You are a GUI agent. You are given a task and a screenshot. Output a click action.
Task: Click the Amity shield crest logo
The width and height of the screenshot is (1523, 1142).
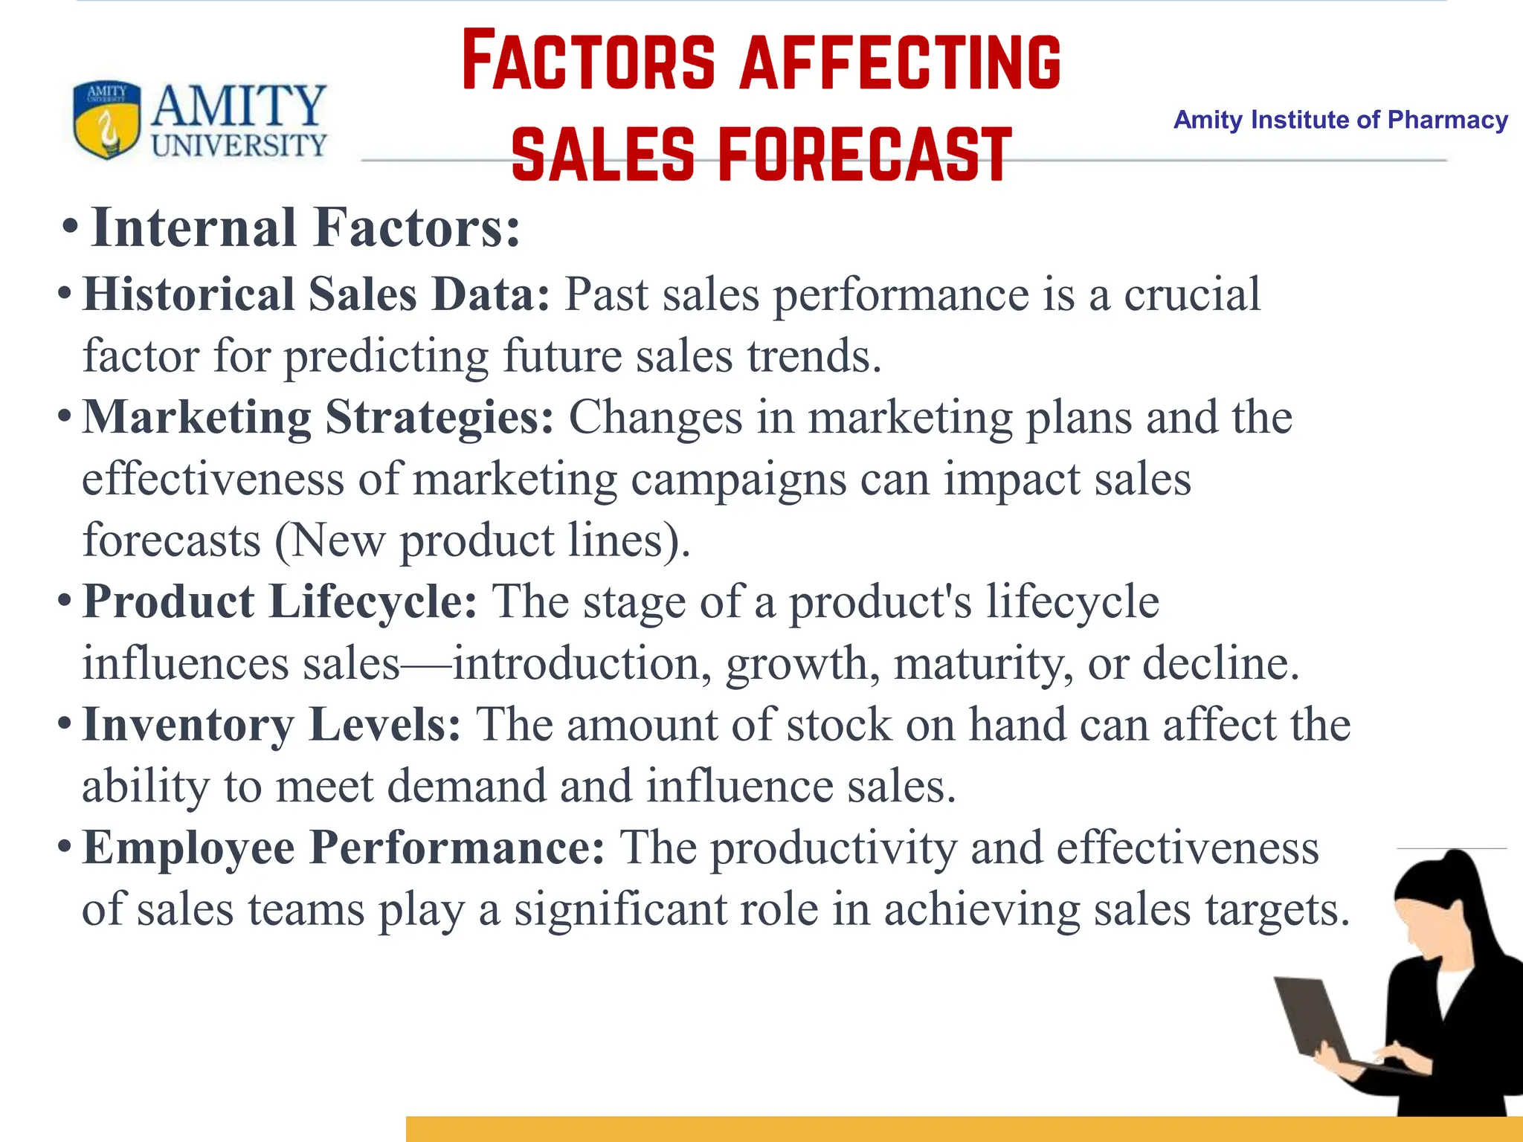pos(106,120)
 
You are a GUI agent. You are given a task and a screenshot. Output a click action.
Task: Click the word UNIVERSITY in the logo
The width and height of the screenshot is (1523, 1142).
pos(239,146)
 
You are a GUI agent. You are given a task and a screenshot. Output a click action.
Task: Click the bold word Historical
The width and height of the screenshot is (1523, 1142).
pos(189,294)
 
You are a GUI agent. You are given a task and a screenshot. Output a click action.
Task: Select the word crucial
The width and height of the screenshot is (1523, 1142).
pos(1191,294)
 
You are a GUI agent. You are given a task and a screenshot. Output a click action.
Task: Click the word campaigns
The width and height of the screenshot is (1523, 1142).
pos(738,480)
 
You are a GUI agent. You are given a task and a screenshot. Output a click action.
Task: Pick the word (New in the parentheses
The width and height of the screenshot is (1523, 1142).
pos(330,541)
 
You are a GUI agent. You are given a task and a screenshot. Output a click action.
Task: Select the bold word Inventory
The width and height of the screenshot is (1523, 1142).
pos(188,725)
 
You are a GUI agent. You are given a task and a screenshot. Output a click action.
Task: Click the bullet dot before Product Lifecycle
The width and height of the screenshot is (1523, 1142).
pos(65,599)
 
